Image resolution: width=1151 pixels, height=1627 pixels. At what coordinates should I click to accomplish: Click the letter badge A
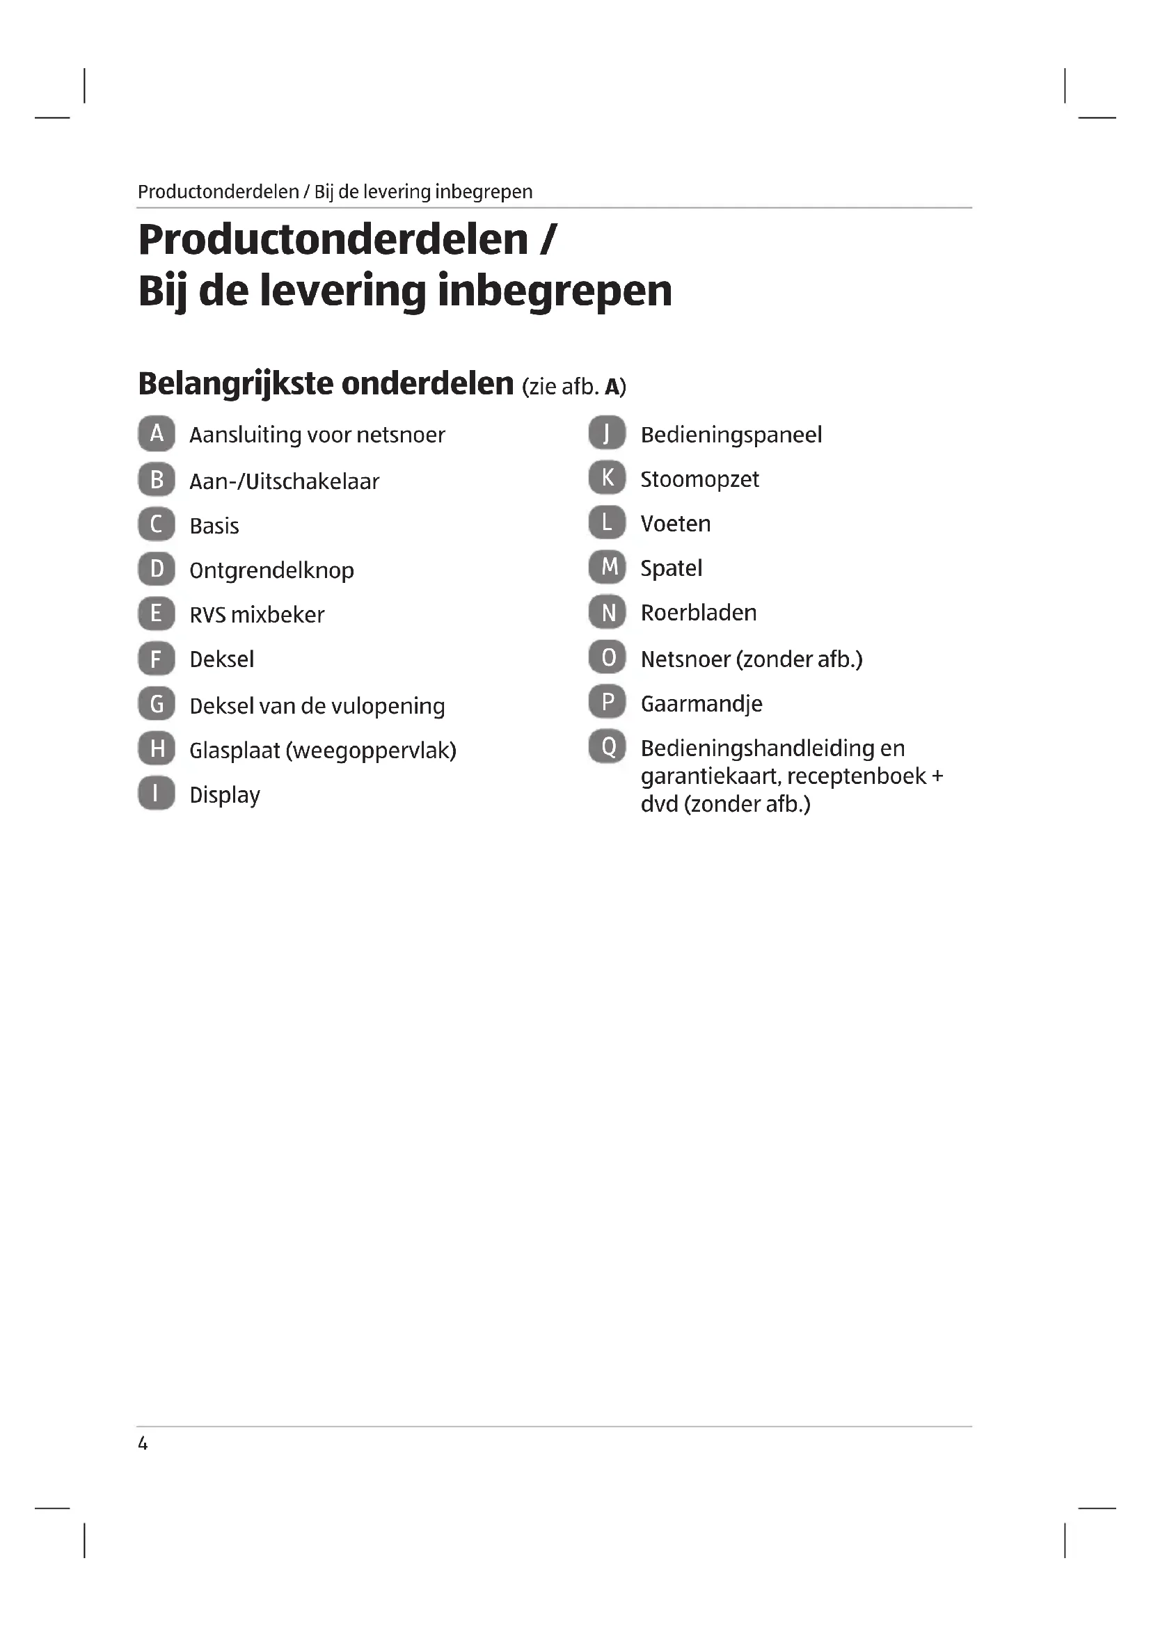157,433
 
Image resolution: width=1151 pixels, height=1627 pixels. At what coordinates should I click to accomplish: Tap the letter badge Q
608,747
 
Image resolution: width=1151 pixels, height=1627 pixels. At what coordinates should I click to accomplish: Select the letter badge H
157,748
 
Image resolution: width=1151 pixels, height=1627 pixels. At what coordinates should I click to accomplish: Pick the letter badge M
608,567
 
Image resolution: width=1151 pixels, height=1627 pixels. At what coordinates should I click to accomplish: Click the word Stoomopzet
699,480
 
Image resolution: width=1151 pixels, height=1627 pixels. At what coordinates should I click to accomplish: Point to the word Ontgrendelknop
271,571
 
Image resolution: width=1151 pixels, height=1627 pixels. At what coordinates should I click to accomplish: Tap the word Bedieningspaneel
731,435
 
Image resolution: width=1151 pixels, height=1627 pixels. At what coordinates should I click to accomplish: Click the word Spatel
670,568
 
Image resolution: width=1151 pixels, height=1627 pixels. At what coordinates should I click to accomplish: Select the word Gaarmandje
701,705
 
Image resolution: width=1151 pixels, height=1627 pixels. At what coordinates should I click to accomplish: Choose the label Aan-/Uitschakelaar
284,482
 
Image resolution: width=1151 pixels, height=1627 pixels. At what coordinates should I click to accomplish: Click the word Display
225,795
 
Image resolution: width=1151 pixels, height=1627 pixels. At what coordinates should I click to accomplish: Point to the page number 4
143,1443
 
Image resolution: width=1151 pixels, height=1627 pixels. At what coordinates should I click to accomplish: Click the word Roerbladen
698,613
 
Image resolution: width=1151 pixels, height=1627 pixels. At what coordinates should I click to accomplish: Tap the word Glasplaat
235,751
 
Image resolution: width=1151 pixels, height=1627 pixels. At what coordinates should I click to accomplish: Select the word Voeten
675,524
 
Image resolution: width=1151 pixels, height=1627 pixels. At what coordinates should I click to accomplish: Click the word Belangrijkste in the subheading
235,384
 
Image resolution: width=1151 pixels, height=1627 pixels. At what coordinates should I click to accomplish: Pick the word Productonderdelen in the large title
333,239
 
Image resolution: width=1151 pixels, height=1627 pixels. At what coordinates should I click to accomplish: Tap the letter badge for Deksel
157,659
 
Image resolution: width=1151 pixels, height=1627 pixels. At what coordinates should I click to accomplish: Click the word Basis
214,527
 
